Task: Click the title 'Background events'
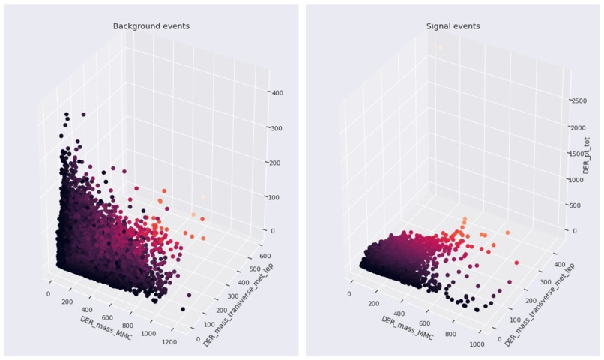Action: coord(151,26)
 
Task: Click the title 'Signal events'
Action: coord(453,26)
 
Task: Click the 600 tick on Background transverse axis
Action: coord(265,244)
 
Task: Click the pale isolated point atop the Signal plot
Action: coord(440,48)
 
